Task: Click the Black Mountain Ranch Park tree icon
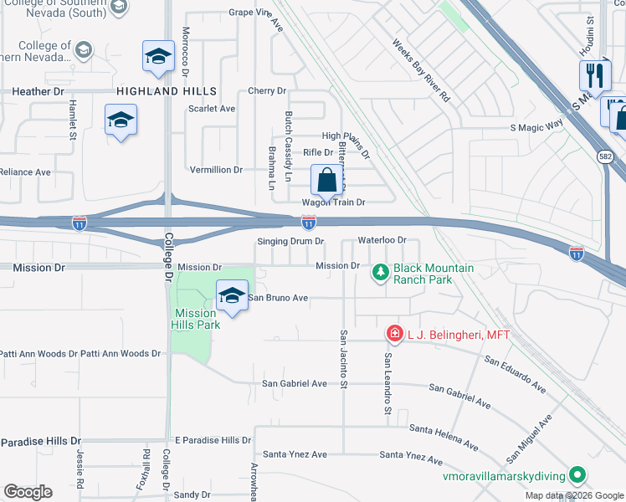point(381,272)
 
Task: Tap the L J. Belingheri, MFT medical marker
point(394,334)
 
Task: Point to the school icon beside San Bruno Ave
point(232,295)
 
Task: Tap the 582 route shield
point(605,156)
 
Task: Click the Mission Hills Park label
point(197,319)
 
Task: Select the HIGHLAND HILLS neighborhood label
point(167,91)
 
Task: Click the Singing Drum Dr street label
point(290,241)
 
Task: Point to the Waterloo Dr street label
point(382,240)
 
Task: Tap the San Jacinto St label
point(343,359)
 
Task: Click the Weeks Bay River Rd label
point(421,69)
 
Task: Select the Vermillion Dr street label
point(216,169)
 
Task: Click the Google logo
point(28,492)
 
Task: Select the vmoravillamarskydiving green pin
point(577,476)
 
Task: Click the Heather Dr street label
point(38,90)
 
